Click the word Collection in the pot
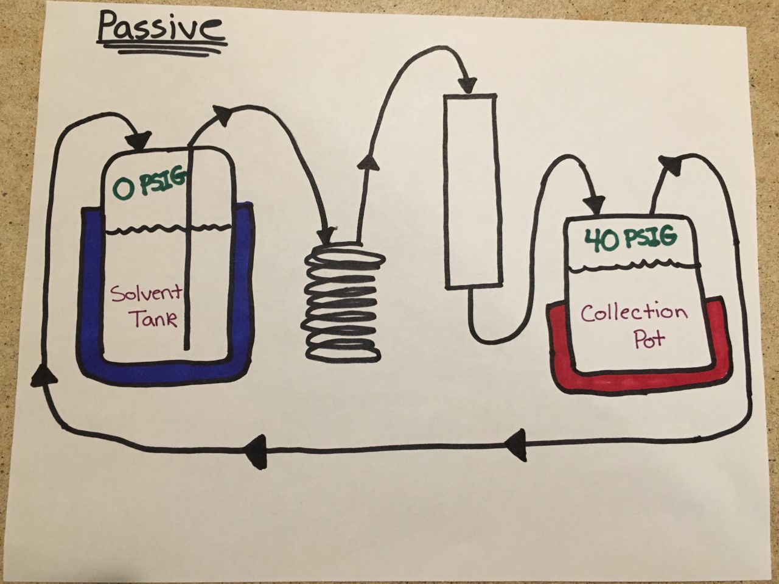(634, 313)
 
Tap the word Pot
(649, 339)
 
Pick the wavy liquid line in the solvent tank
(167, 230)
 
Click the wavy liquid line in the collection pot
(633, 266)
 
